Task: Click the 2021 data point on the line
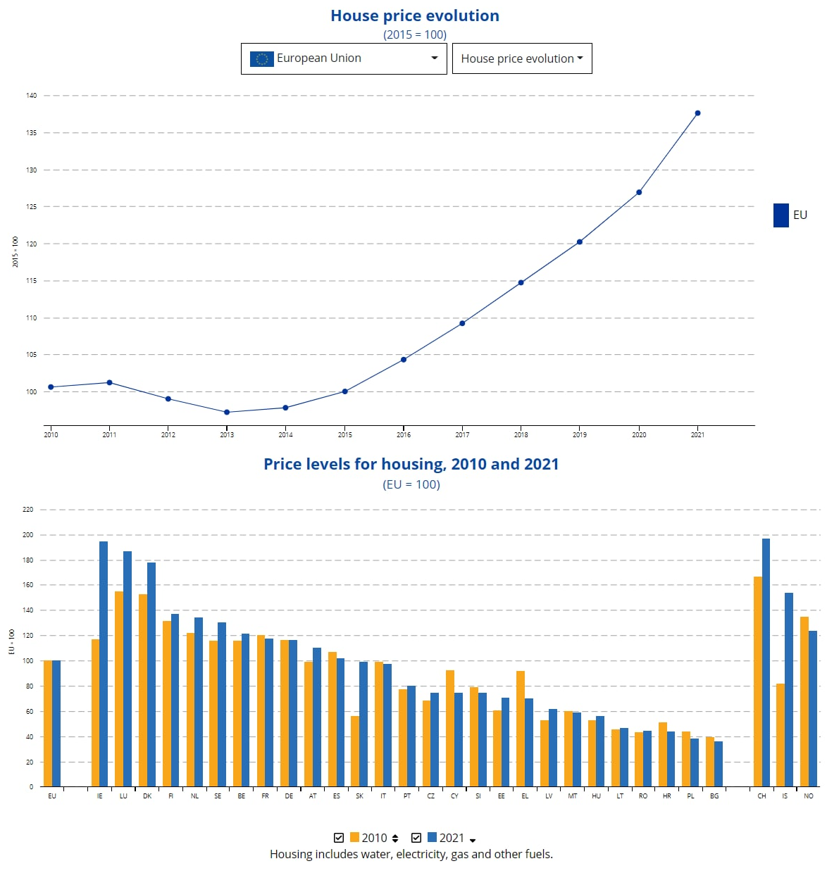pyautogui.click(x=697, y=113)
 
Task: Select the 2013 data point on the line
pyautogui.click(x=227, y=413)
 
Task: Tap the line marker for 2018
pyautogui.click(x=521, y=283)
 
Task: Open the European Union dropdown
pyautogui.click(x=344, y=58)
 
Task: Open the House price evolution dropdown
pyautogui.click(x=521, y=58)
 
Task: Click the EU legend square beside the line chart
pyautogui.click(x=781, y=215)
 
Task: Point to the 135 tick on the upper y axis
pyautogui.click(x=32, y=132)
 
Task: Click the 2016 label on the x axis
pyautogui.click(x=404, y=435)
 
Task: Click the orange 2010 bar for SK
pyautogui.click(x=355, y=750)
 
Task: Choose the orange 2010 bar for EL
pyautogui.click(x=521, y=728)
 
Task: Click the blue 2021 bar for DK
pyautogui.click(x=151, y=674)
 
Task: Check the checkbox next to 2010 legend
pyautogui.click(x=339, y=838)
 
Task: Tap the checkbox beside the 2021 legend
pyautogui.click(x=416, y=838)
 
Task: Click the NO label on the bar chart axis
pyautogui.click(x=809, y=796)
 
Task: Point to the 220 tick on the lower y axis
pyautogui.click(x=28, y=509)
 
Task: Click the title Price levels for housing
pyautogui.click(x=411, y=465)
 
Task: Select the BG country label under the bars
pyautogui.click(x=714, y=796)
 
